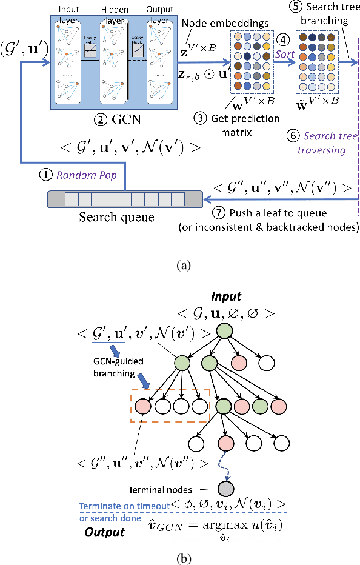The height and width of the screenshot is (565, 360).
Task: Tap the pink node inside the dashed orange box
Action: coord(144,405)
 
